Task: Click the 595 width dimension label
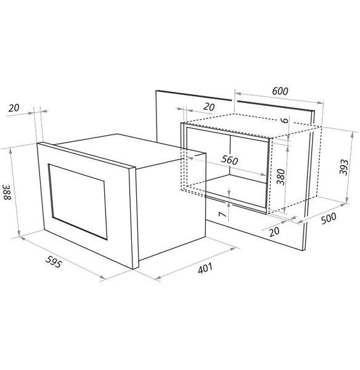54,261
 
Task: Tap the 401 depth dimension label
205,268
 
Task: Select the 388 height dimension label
7,192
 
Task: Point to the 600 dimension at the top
280,91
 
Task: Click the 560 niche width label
229,160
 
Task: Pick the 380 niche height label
280,177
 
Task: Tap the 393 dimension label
343,167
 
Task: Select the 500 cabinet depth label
329,218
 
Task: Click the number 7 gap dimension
223,214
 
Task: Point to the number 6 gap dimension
285,120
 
